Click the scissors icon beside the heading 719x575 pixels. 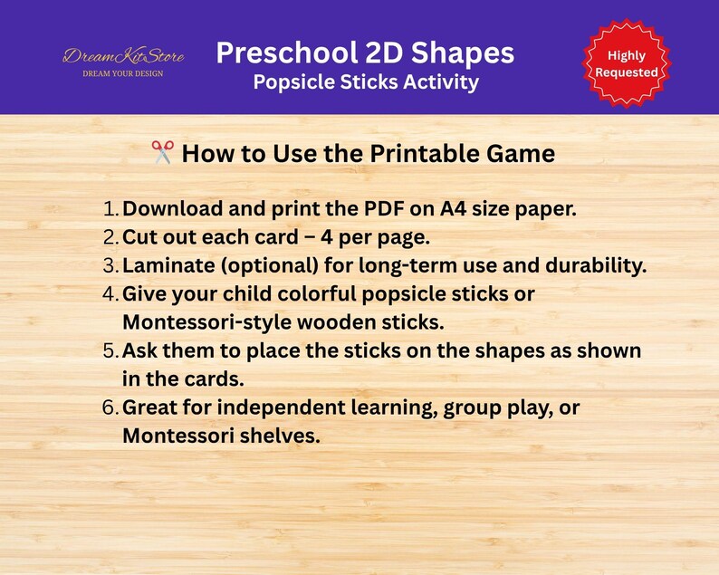click(163, 153)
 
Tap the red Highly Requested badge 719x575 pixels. click(626, 63)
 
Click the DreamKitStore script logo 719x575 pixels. click(123, 56)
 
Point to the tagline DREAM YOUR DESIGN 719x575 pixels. click(123, 73)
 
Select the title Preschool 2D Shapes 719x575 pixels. click(365, 53)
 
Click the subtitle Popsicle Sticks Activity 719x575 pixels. click(365, 82)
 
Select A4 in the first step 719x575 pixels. click(453, 208)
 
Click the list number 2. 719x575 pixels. click(110, 237)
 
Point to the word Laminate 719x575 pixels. click(168, 265)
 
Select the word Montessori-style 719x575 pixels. click(204, 322)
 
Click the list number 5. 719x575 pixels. click(110, 351)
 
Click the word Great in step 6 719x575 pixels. click(149, 407)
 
